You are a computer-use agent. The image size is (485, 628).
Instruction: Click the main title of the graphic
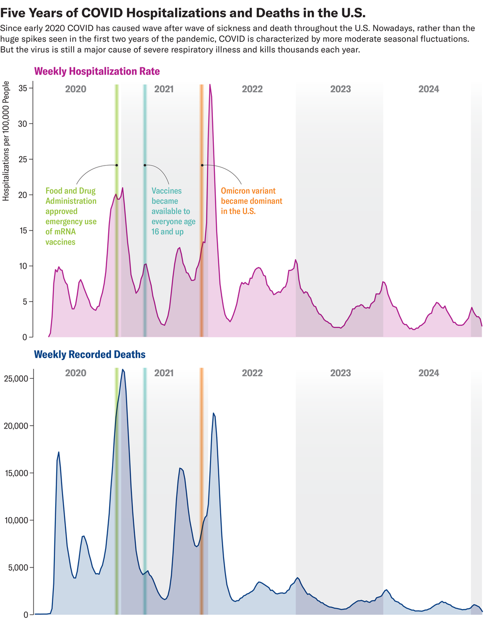point(183,13)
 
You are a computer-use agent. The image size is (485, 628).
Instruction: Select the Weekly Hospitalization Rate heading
point(97,72)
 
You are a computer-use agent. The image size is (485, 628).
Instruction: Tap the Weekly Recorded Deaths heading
point(90,354)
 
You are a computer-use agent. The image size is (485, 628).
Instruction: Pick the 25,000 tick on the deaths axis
point(17,378)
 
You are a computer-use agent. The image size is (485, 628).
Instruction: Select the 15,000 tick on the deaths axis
point(17,473)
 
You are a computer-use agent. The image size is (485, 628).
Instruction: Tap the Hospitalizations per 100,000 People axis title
point(6,141)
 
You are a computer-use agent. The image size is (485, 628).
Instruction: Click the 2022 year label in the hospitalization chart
point(252,89)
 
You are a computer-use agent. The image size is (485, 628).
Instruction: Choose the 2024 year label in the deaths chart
point(429,373)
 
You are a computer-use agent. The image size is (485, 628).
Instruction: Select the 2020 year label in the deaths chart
point(76,373)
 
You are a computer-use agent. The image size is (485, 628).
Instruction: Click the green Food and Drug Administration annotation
point(71,216)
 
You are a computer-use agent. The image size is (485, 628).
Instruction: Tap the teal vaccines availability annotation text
point(173,211)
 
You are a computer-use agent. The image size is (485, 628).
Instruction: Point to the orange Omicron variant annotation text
point(251,201)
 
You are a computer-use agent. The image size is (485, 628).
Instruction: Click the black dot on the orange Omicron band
point(202,165)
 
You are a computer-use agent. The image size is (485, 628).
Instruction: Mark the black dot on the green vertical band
point(116,165)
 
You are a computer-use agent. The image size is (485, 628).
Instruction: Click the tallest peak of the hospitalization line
point(210,85)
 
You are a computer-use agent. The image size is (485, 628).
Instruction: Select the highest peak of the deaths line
point(122,370)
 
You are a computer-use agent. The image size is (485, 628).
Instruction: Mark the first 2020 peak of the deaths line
point(59,452)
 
